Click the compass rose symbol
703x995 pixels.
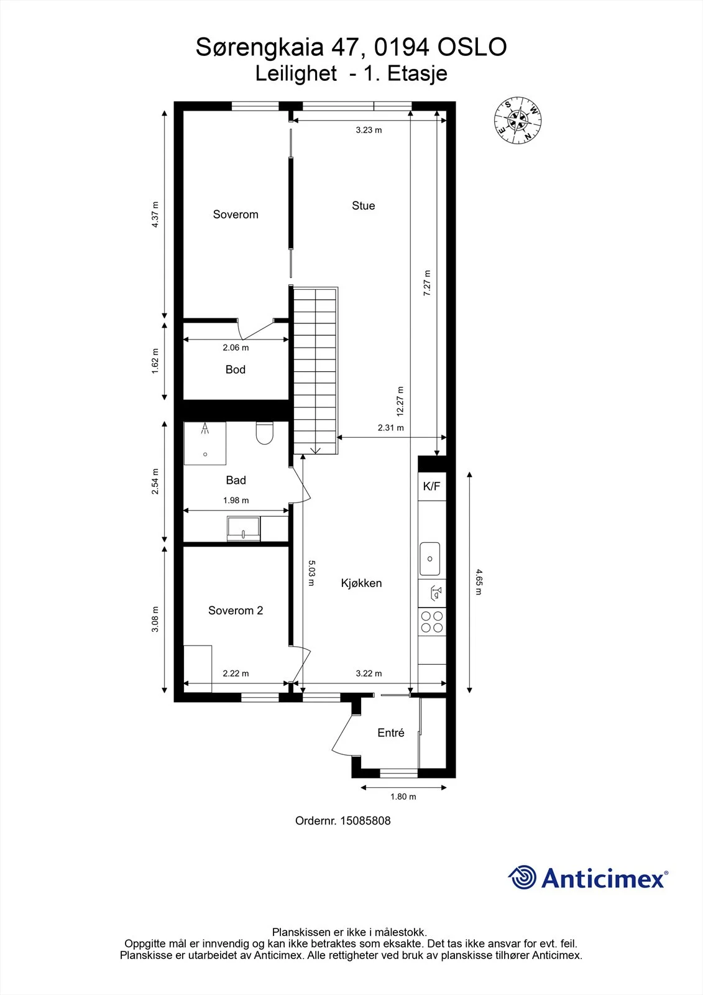click(518, 120)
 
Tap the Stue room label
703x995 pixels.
click(363, 206)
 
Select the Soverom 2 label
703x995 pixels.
click(236, 610)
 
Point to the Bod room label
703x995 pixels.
click(236, 369)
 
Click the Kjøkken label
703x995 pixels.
click(362, 583)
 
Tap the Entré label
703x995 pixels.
click(391, 733)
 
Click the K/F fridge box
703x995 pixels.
click(431, 486)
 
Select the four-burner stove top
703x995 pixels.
click(432, 622)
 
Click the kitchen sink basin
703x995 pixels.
click(430, 559)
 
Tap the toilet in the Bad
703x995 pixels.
click(265, 433)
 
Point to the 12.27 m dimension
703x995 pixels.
click(400, 401)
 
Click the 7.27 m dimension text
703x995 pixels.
click(427, 283)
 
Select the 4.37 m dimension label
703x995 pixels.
click(155, 215)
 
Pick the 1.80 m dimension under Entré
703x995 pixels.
click(403, 797)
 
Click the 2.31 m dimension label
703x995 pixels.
click(391, 428)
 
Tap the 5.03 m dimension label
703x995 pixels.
click(311, 573)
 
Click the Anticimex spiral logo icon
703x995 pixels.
click(522, 877)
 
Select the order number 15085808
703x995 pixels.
click(365, 821)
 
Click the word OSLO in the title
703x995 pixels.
click(472, 47)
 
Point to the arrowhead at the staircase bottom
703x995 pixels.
click(315, 451)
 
